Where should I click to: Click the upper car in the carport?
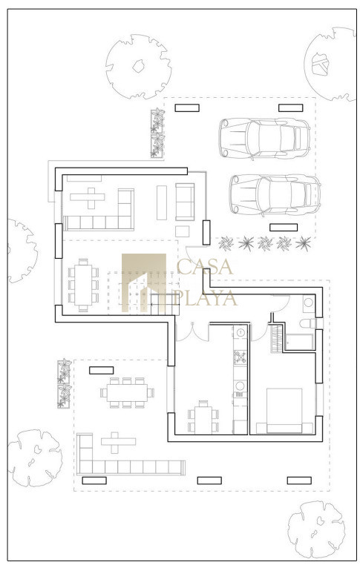(x=264, y=138)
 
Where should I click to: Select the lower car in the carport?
(x=275, y=195)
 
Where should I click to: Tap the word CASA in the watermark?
(x=205, y=267)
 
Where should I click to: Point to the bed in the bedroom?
(x=284, y=411)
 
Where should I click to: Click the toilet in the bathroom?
(x=308, y=323)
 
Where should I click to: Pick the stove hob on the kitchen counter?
(x=240, y=357)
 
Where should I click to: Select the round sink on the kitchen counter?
(x=240, y=386)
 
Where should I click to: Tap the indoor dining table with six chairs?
(x=83, y=285)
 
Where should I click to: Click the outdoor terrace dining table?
(x=128, y=393)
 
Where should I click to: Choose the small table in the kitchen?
(x=203, y=418)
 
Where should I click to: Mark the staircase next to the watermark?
(x=165, y=304)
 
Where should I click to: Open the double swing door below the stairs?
(x=192, y=332)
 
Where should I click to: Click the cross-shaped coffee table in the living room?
(x=88, y=197)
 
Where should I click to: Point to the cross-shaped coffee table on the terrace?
(x=118, y=442)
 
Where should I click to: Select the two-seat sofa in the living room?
(x=185, y=202)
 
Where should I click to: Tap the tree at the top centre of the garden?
(x=139, y=67)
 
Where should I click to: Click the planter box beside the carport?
(x=157, y=133)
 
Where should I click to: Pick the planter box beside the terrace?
(x=65, y=383)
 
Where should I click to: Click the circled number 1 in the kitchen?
(x=241, y=331)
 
